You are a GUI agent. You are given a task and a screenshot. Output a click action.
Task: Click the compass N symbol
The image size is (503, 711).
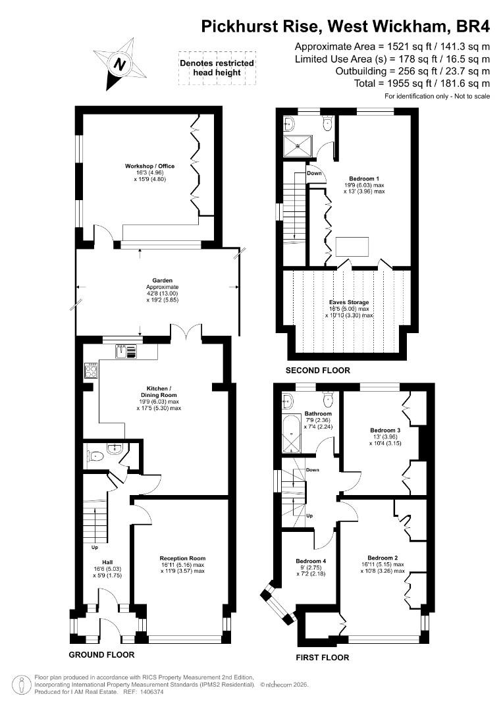119,64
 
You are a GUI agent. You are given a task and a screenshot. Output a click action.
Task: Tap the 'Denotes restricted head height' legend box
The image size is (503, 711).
217,68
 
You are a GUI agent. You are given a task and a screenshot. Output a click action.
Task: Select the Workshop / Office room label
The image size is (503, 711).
149,166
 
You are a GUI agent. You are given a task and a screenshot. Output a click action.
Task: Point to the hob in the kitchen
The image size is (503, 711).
90,371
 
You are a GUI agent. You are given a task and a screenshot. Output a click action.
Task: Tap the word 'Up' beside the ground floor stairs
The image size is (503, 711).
95,547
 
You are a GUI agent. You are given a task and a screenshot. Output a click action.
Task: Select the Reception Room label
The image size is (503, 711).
182,558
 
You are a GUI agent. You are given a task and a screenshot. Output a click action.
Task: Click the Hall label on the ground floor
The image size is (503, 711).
107,562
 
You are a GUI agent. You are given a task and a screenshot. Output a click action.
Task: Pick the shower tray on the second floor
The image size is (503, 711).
298,146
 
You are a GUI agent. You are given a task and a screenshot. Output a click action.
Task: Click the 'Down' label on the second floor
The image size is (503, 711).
314,173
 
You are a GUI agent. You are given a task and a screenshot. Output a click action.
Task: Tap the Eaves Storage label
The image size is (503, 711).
349,302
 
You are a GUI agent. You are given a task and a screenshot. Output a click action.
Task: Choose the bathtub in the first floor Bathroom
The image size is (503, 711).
291,434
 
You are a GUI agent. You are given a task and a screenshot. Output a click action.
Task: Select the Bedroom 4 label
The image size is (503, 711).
311,561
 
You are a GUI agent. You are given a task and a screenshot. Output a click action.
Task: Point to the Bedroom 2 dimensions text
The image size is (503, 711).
383,567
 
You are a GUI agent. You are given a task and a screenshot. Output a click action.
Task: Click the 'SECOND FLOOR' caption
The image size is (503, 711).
317,371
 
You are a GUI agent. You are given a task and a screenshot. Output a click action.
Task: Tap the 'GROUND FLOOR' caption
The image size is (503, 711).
101,655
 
